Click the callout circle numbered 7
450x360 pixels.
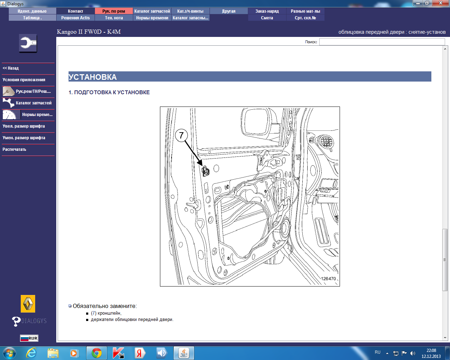coord(181,135)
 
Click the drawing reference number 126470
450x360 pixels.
coord(328,279)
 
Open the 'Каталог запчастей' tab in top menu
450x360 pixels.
coord(152,11)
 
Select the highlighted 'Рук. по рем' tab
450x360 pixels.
coord(114,11)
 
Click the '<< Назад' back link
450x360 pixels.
coord(11,68)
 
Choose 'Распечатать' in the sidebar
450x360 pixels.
coord(14,149)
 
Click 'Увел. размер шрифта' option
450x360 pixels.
coord(24,126)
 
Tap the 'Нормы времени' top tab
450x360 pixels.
coord(152,18)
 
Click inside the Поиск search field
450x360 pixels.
coord(382,42)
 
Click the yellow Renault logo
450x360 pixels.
coord(28,304)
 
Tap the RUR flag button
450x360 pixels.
coord(29,338)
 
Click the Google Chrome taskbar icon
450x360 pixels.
coord(97,353)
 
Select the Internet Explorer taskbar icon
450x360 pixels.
coord(31,353)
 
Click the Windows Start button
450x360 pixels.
coord(9,353)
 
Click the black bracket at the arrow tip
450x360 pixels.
coord(206,171)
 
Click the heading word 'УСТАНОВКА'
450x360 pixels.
coord(92,77)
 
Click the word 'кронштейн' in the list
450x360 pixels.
coord(109,313)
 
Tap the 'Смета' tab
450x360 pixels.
coord(267,18)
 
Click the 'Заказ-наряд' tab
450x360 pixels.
coord(267,11)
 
